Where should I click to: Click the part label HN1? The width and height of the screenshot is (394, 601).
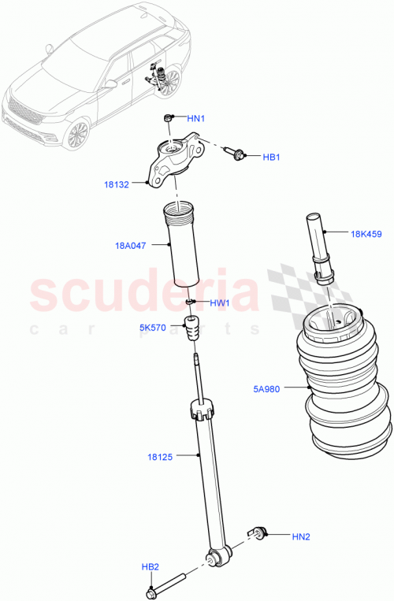pos(196,118)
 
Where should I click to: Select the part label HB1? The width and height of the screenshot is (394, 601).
pos(272,158)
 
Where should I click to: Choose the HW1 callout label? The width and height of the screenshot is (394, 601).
pos(219,303)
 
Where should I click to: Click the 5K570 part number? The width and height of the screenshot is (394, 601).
pos(152,328)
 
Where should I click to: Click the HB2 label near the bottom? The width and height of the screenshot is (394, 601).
pos(151,567)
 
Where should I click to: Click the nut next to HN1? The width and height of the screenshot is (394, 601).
pos(168,118)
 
